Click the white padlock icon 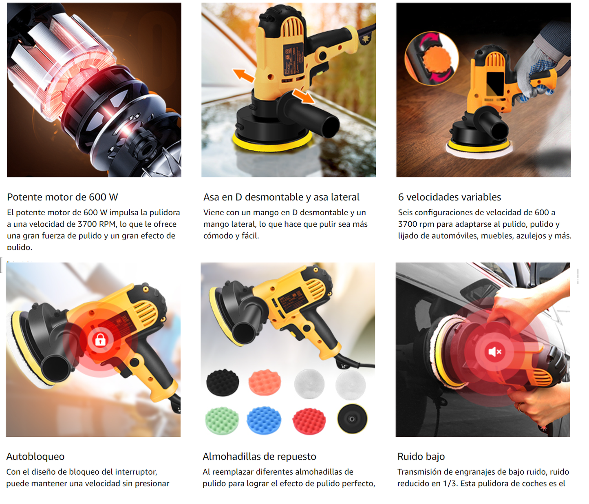(x=100, y=340)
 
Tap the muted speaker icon (x=495, y=352)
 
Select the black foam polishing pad (x=223, y=382)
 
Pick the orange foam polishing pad (x=265, y=382)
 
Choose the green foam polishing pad (x=222, y=420)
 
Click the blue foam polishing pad (x=264, y=420)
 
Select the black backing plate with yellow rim (x=352, y=418)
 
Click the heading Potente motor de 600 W (x=62, y=197)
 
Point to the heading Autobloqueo (x=35, y=456)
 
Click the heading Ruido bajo (x=421, y=456)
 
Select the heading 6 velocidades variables (x=449, y=197)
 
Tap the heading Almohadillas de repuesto (x=259, y=456)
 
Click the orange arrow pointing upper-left (x=243, y=75)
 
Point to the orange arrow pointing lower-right (x=303, y=96)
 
